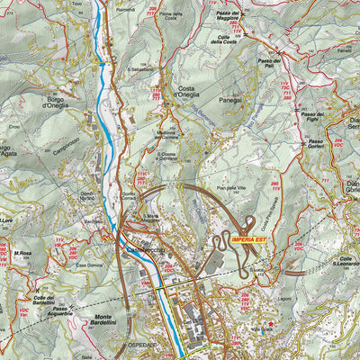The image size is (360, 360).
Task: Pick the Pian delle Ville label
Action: point(231,188)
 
